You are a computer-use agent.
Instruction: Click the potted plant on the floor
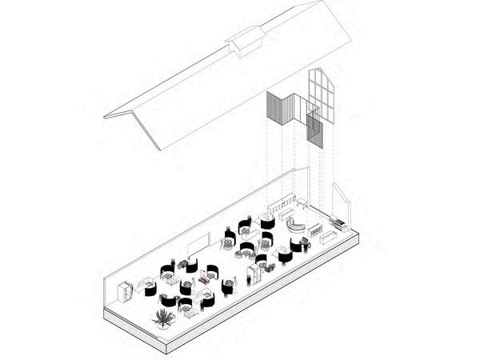(162, 317)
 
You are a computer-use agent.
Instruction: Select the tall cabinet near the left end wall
(124, 292)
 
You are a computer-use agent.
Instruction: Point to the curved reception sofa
(297, 226)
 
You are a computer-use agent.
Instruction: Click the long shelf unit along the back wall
(281, 206)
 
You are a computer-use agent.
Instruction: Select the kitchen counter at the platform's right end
(338, 222)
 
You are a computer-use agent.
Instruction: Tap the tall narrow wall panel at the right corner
(339, 197)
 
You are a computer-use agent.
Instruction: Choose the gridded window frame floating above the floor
(322, 96)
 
